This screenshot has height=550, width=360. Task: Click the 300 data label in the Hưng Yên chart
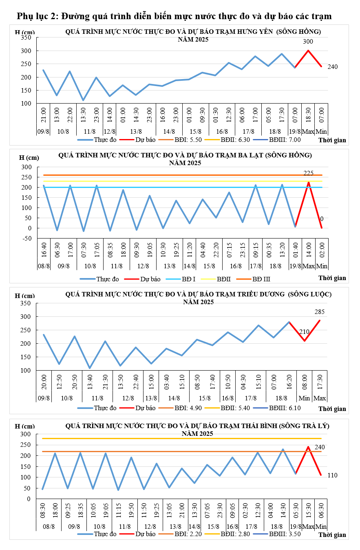point(308,42)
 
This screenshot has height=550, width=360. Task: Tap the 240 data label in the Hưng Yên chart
point(332,66)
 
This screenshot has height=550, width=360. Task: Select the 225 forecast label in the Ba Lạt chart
point(309,173)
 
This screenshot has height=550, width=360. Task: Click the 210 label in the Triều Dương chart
point(304,332)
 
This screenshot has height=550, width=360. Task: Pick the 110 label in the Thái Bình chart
point(332,475)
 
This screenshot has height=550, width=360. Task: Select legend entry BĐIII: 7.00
point(285,140)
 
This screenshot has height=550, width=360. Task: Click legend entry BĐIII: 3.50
point(285,534)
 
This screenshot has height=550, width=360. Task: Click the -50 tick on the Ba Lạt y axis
point(27,239)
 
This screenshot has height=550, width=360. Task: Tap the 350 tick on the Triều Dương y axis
point(26,303)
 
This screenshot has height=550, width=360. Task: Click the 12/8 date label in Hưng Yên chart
point(110,132)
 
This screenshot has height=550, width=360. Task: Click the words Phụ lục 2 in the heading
point(36,16)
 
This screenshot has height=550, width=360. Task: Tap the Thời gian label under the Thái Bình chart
point(332,535)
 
